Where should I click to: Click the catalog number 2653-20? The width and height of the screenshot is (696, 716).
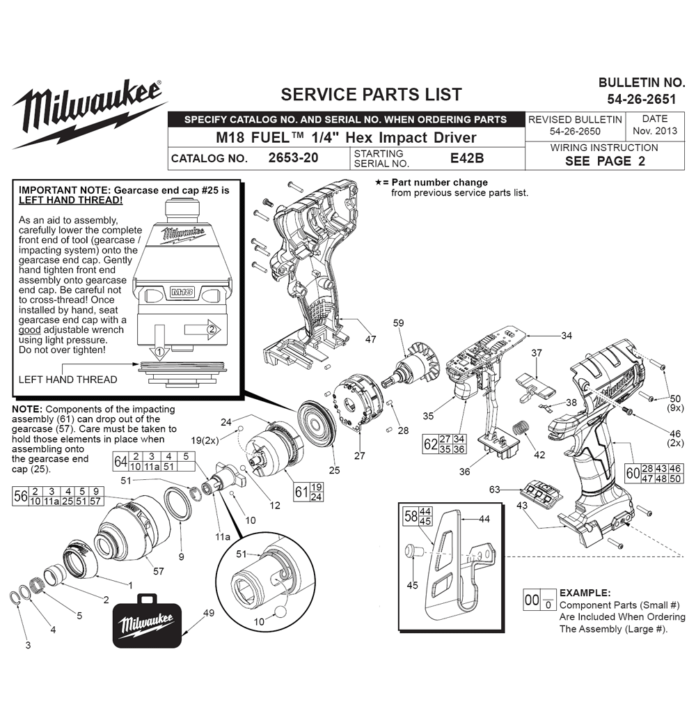pyautogui.click(x=293, y=158)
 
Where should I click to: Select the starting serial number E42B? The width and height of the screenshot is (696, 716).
pyautogui.click(x=467, y=158)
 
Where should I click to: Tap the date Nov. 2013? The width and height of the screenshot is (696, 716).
pyautogui.click(x=655, y=131)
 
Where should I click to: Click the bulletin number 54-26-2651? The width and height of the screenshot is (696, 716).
pyautogui.click(x=641, y=99)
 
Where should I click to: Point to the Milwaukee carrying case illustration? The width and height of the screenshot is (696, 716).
pyautogui.click(x=147, y=621)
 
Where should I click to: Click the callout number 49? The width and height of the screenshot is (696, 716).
pyautogui.click(x=209, y=613)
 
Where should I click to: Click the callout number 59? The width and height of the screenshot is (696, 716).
pyautogui.click(x=398, y=323)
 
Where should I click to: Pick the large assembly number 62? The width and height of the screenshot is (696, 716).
pyautogui.click(x=430, y=444)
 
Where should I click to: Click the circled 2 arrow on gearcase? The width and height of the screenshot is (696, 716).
pyautogui.click(x=203, y=329)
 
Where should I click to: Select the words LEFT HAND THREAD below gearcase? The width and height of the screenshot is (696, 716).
pyautogui.click(x=68, y=380)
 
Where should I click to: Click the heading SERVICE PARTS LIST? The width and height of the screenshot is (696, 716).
pyautogui.click(x=371, y=95)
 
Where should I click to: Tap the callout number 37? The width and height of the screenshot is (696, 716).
pyautogui.click(x=537, y=353)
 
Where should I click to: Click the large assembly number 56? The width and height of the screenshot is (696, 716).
pyautogui.click(x=21, y=497)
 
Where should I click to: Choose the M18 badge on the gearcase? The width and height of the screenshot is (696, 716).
pyautogui.click(x=182, y=293)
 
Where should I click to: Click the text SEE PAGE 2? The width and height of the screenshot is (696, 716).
pyautogui.click(x=605, y=161)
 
